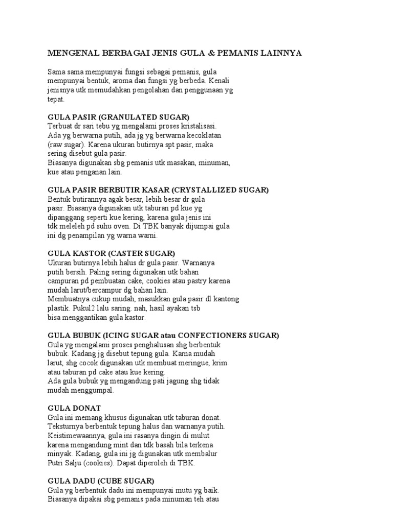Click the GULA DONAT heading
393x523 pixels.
coord(74,408)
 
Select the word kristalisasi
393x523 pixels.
coord(196,126)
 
